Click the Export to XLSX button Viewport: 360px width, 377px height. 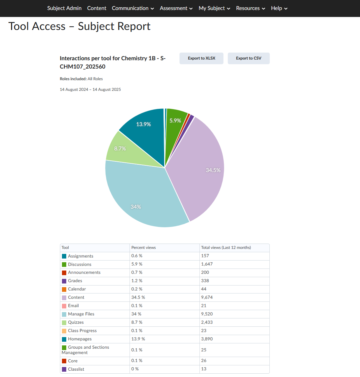201,58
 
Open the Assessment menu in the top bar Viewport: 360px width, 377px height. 176,8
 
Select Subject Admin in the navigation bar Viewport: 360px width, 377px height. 64,8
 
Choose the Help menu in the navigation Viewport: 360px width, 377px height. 279,8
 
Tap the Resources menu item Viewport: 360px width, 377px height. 250,8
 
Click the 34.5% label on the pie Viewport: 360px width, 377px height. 213,170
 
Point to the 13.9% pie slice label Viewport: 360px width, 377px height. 144,124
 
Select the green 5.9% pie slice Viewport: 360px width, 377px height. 175,120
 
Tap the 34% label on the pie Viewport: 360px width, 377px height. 136,207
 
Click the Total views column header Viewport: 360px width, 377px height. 226,248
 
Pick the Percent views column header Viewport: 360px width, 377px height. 144,248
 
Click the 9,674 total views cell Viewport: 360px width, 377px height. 207,297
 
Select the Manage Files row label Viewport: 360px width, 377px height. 81,314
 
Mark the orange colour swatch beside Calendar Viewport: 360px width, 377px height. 64,289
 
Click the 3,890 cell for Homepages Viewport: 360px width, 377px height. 207,339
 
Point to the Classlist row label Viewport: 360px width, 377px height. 76,369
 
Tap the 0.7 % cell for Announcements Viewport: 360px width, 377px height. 137,272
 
